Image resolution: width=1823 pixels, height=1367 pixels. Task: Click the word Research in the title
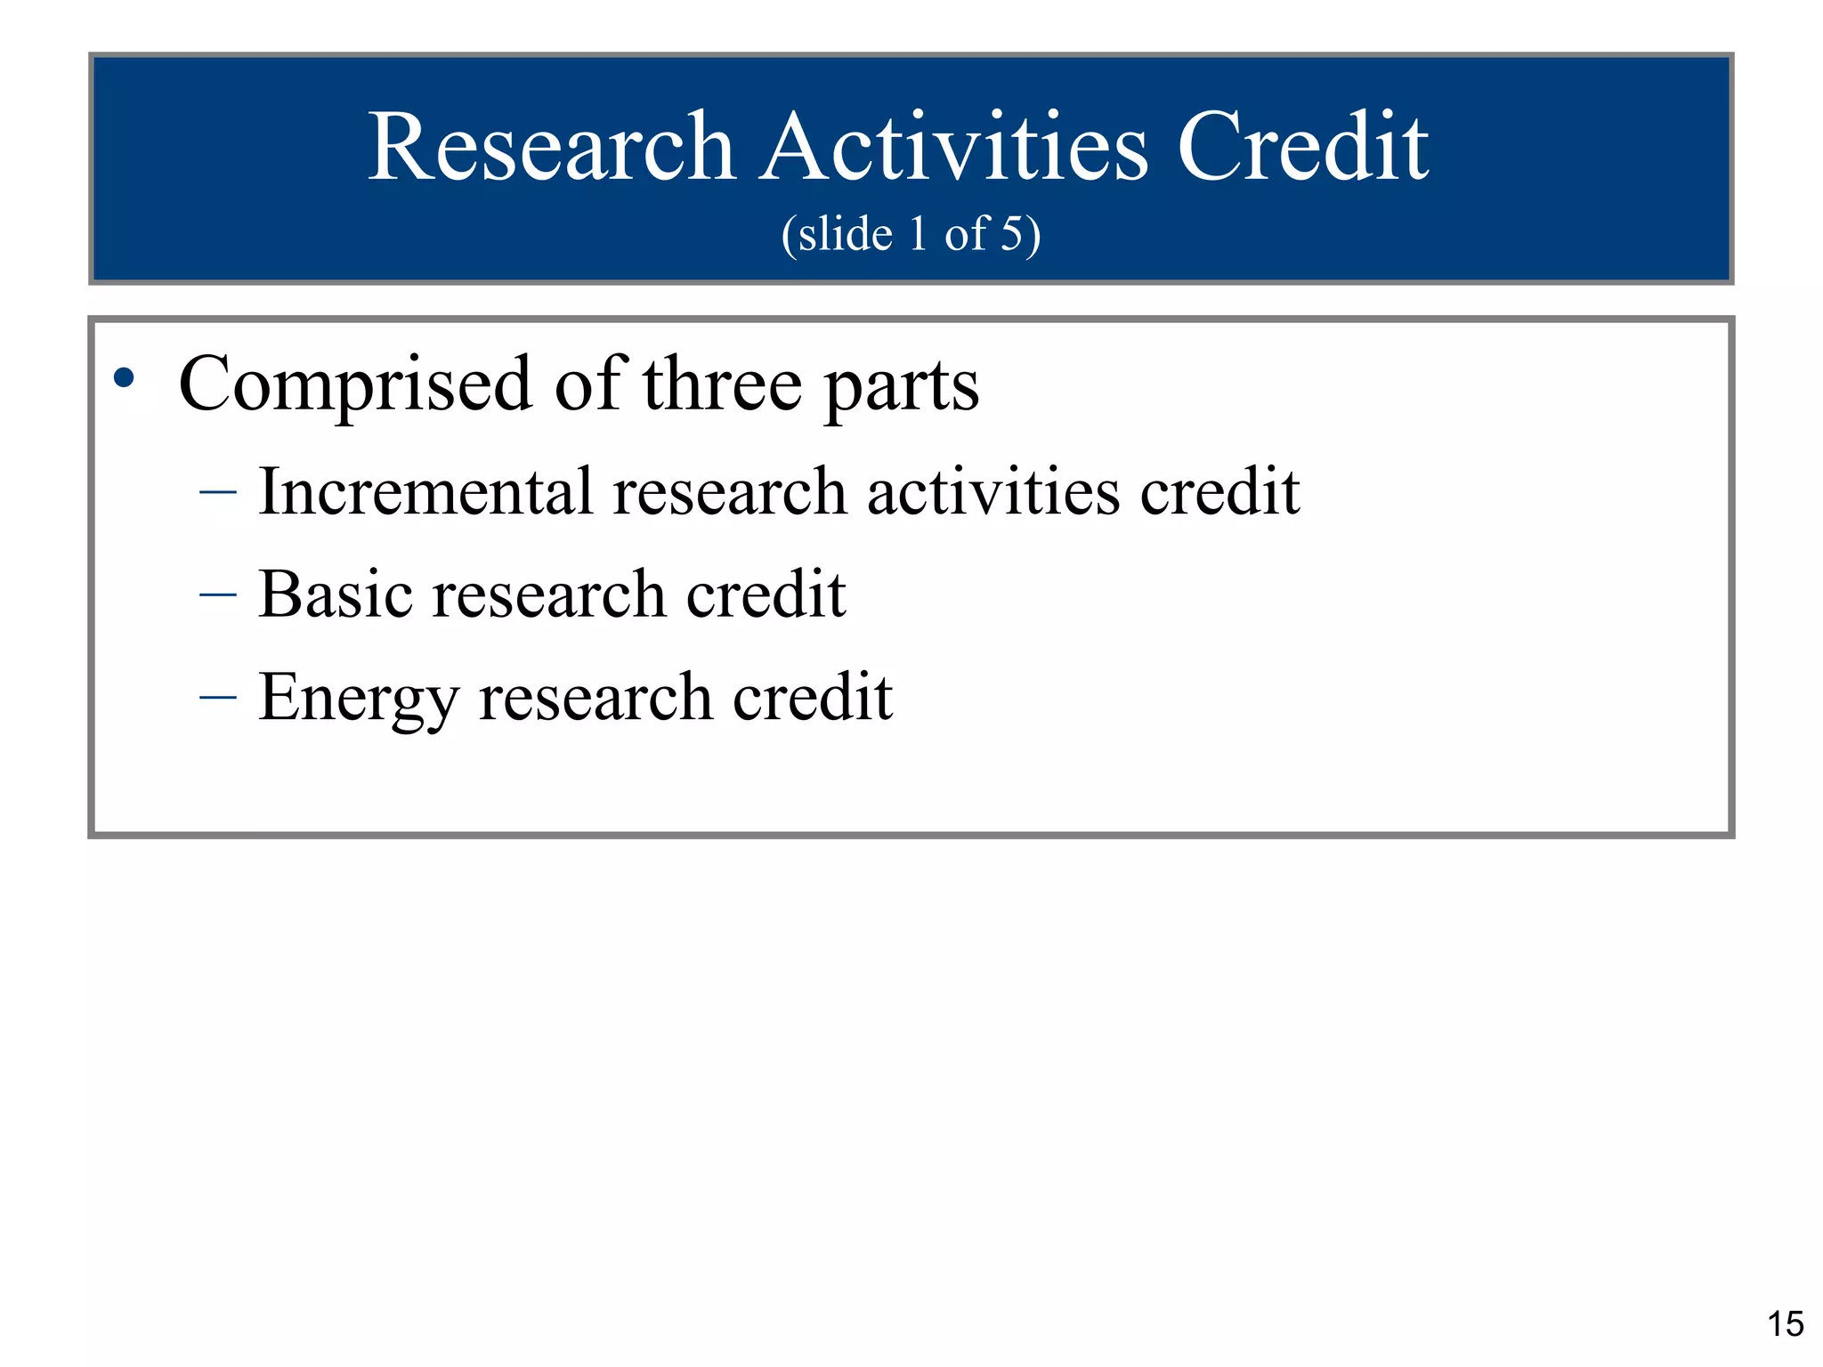(551, 148)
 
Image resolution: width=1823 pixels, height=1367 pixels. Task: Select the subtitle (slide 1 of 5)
(911, 234)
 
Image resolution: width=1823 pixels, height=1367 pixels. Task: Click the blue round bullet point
(124, 378)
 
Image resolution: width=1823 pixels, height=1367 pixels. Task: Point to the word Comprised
(354, 385)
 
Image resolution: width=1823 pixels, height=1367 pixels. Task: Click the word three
(722, 385)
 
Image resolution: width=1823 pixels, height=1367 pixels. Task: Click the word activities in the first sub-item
(993, 491)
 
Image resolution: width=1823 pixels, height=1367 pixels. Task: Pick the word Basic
(336, 594)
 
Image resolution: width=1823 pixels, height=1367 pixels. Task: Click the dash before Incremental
(218, 491)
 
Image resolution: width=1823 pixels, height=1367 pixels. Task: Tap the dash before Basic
(218, 595)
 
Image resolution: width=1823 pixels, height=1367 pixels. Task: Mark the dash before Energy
(218, 697)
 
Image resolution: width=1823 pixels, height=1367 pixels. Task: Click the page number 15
(1785, 1324)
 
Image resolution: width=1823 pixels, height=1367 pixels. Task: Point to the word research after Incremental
(729, 493)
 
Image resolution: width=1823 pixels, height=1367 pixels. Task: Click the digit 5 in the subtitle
(1012, 234)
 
